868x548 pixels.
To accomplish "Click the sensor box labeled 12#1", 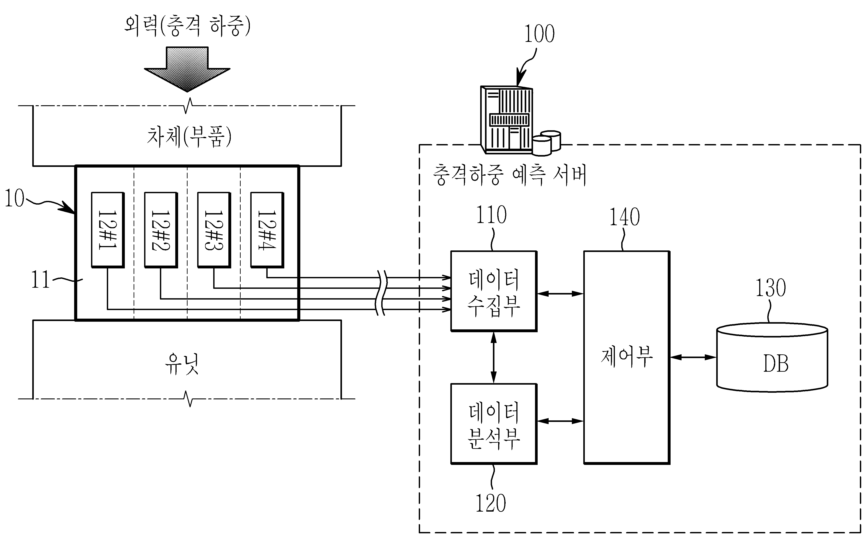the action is [x=108, y=230].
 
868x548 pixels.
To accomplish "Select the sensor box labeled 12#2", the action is [x=161, y=230].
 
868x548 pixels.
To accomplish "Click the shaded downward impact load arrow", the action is [x=187, y=69].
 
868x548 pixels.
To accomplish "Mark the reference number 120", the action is [x=490, y=503].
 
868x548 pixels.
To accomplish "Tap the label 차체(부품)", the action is [x=189, y=137].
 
